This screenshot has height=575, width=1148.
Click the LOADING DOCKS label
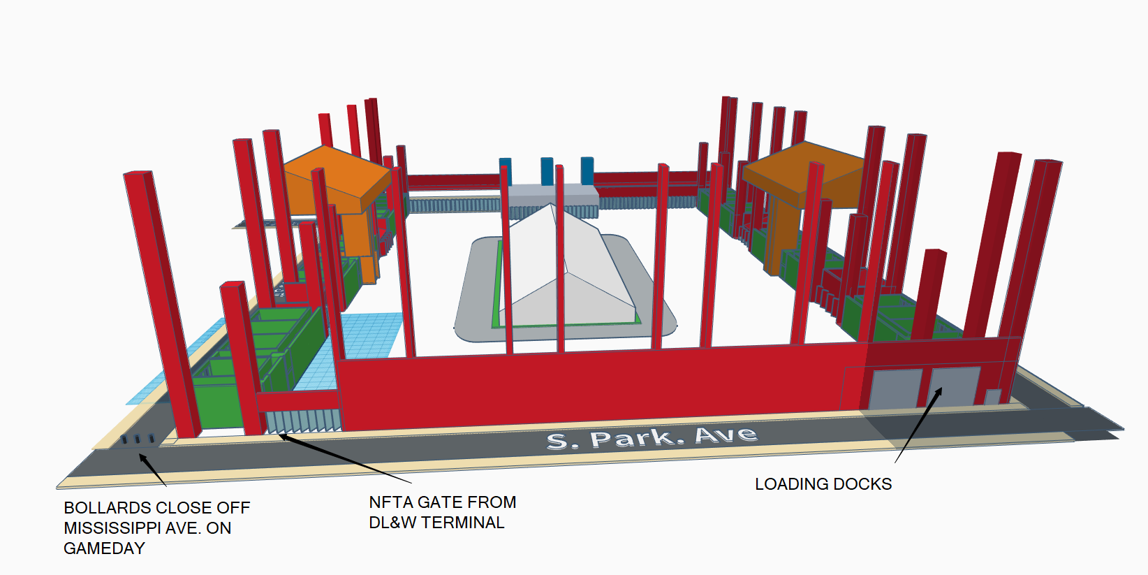click(823, 483)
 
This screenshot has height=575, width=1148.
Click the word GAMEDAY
click(104, 548)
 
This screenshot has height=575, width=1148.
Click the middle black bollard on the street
click(138, 439)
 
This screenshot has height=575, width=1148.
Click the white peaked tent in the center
click(566, 269)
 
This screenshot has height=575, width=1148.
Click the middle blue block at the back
click(547, 170)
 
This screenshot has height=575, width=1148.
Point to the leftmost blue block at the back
click(506, 171)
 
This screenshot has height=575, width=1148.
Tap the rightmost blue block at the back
click(587, 170)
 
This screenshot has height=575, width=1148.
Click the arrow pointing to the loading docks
click(918, 425)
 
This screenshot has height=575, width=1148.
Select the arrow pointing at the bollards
click(153, 470)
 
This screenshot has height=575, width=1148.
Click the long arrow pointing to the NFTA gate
click(344, 458)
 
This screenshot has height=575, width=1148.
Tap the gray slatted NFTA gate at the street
click(303, 421)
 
